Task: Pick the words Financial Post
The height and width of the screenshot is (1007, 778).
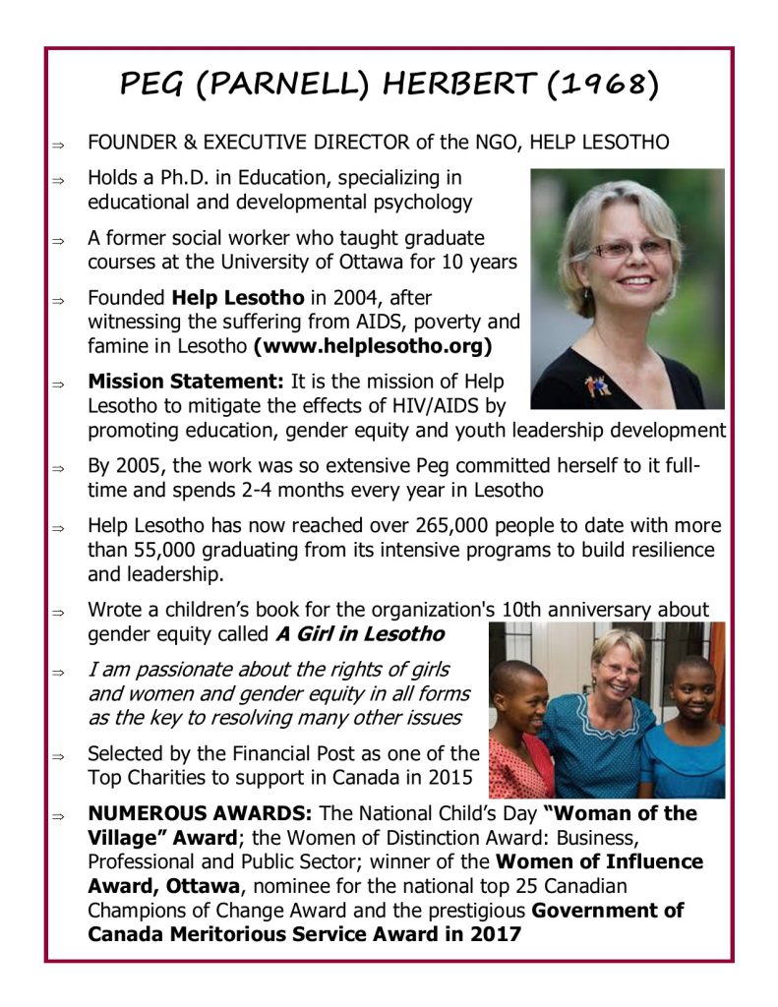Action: coord(281,754)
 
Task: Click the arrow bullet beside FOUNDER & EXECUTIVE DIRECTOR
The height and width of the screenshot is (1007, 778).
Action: coord(58,145)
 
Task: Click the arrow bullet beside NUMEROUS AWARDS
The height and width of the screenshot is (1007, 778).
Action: coord(58,816)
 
